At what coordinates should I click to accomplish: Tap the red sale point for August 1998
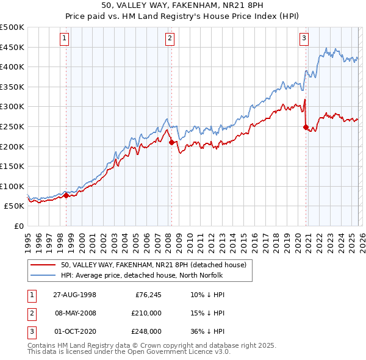pos(66,196)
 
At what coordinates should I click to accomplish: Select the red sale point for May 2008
pos(171,142)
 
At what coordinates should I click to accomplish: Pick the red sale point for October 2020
pos(306,127)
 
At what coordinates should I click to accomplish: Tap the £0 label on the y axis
pos(18,226)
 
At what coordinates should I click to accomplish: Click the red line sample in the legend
pos(43,265)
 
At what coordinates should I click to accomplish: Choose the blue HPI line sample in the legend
pos(43,275)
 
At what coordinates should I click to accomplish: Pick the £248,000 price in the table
pos(146,331)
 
